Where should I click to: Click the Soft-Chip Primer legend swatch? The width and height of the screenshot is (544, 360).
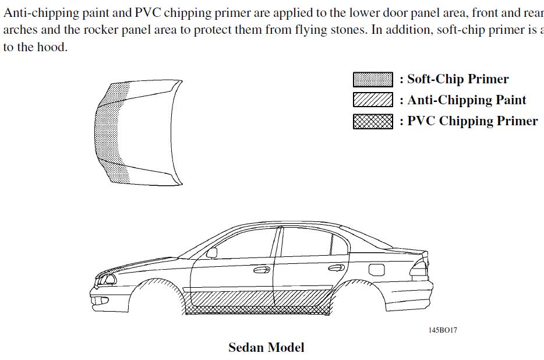click(x=373, y=79)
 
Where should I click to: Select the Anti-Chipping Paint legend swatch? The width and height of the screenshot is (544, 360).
click(x=373, y=100)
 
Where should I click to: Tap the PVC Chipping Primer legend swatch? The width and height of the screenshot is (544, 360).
click(x=373, y=121)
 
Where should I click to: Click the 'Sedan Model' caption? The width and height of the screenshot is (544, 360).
click(x=266, y=348)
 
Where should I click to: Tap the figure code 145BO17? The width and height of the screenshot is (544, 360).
click(x=443, y=330)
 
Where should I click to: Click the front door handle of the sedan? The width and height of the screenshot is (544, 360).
click(x=262, y=270)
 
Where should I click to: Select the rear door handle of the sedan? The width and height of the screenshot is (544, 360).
click(x=336, y=268)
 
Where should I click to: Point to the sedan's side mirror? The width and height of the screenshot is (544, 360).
click(x=212, y=253)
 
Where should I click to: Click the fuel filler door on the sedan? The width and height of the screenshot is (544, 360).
click(x=376, y=269)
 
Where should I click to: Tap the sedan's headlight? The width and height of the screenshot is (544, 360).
click(x=107, y=279)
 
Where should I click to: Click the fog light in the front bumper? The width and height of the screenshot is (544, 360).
click(x=101, y=301)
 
